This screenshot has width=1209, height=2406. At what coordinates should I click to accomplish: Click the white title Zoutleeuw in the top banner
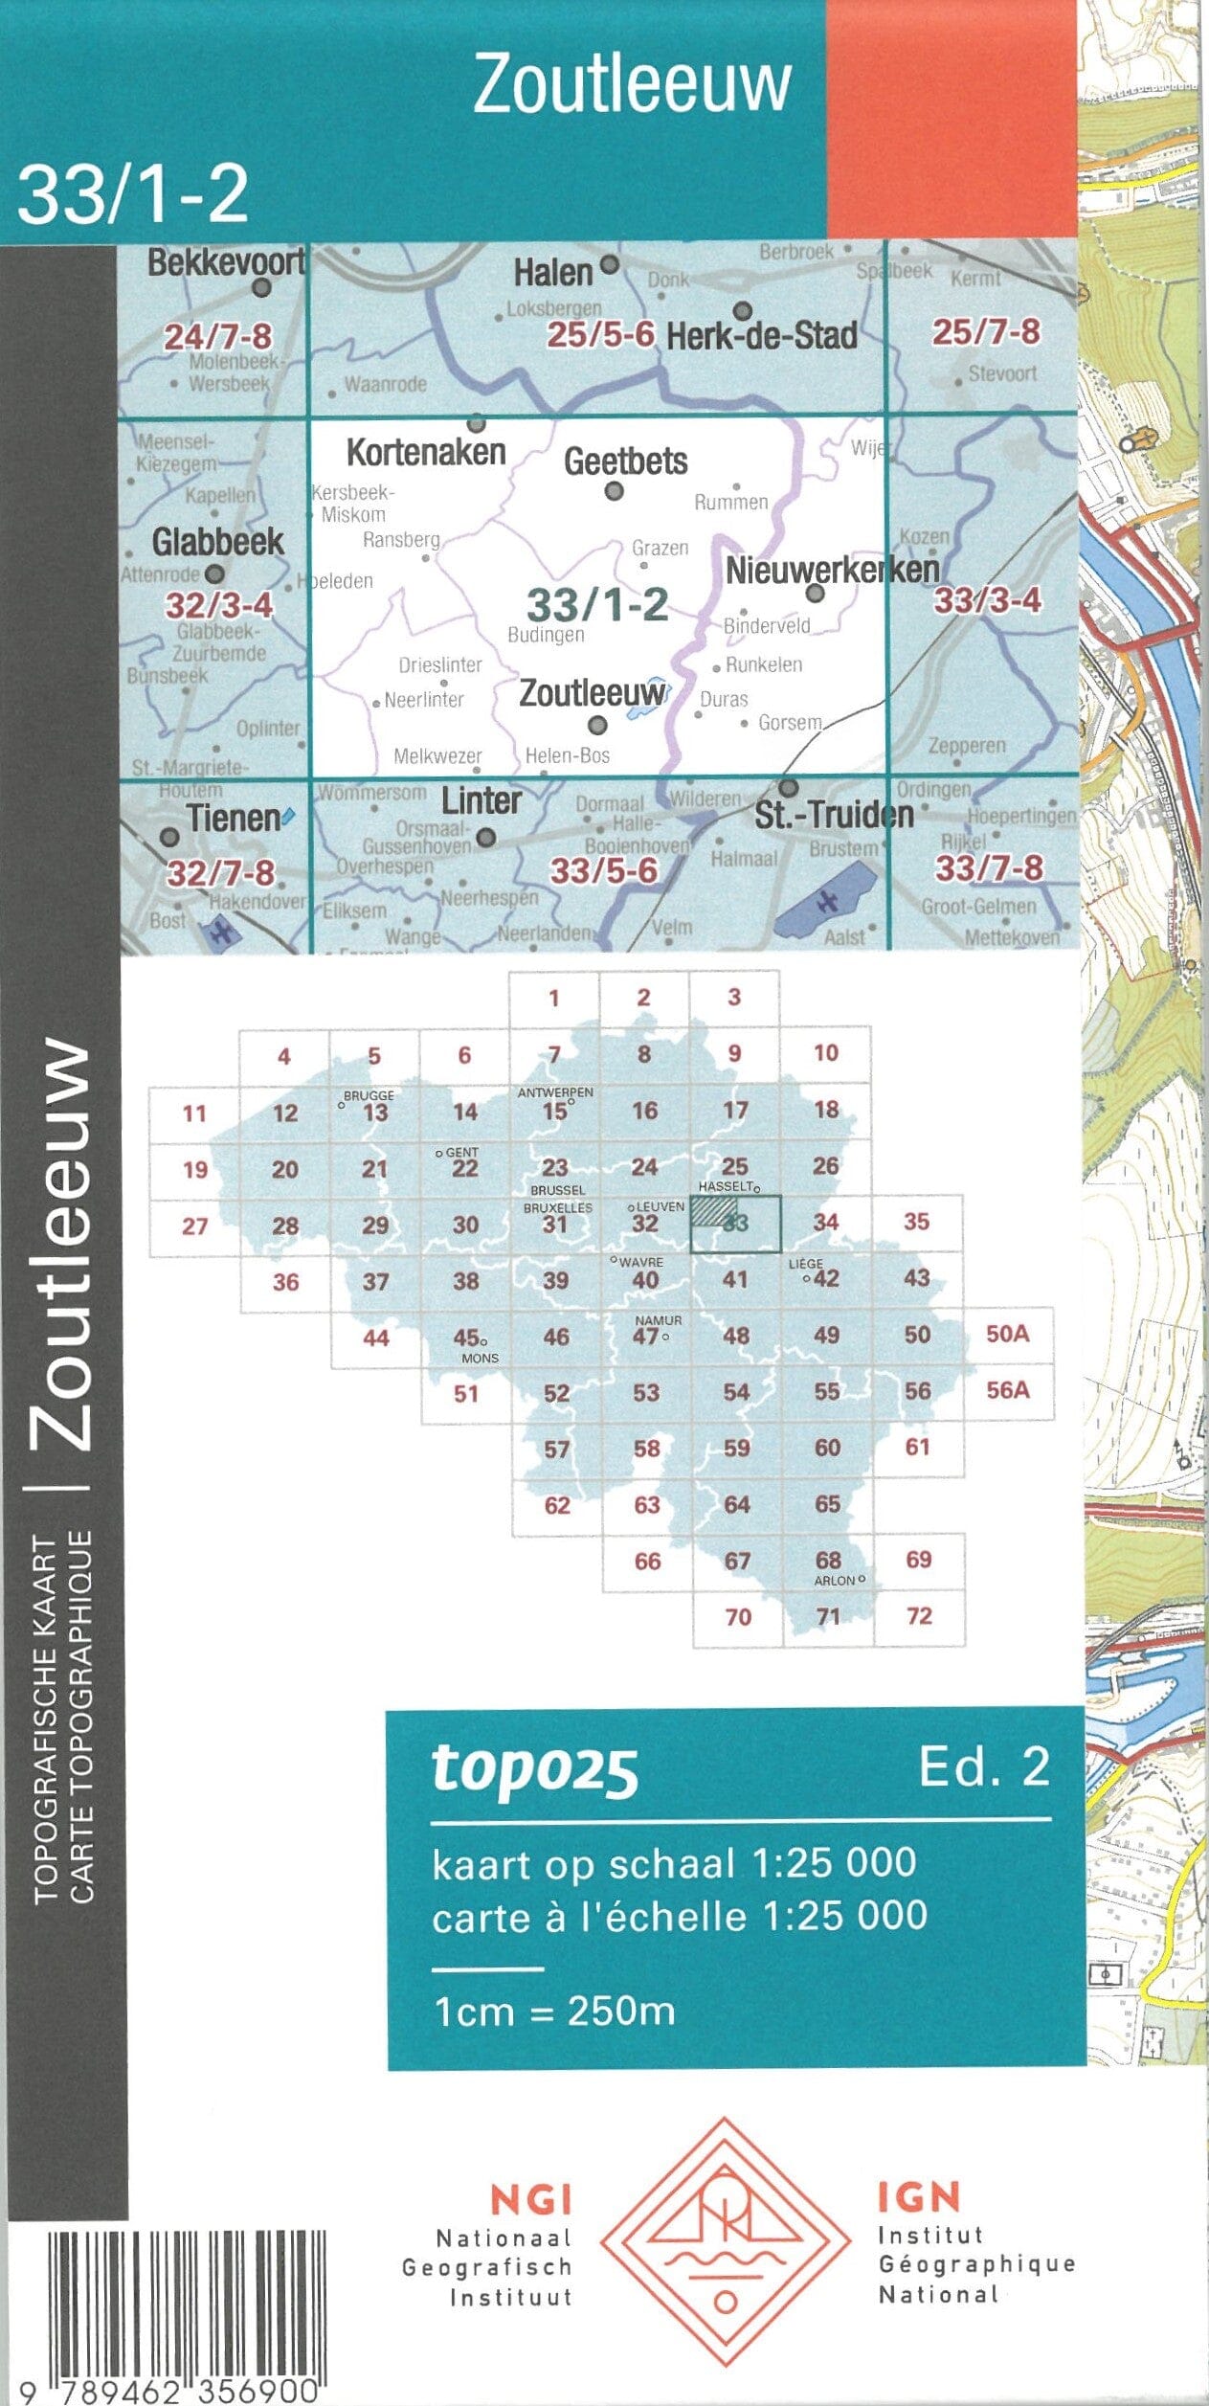pos(632,84)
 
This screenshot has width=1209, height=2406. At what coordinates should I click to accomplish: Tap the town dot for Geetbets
pos(615,491)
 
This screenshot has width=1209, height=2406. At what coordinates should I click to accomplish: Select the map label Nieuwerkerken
pos(832,571)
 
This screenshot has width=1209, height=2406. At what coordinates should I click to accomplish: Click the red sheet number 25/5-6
pos(601,334)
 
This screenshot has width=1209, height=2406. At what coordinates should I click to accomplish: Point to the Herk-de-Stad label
pos(762,336)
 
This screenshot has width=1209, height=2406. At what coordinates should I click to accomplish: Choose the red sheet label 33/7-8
pos(989,867)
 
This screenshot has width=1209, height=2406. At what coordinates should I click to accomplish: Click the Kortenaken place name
pos(426,452)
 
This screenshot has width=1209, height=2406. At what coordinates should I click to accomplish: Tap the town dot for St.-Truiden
pos(788,788)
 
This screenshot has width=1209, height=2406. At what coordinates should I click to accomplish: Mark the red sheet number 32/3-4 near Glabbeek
pos(219,605)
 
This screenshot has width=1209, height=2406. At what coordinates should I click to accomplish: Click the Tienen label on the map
pos(234,819)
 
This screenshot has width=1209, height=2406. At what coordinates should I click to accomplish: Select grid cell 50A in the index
pos(1007,1335)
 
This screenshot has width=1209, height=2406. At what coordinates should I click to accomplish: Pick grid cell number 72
pos(919,1616)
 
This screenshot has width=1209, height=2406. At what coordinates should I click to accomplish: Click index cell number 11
pos(194,1113)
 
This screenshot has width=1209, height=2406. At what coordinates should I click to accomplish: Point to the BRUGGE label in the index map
pos(369,1095)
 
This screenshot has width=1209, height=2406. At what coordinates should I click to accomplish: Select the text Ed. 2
pos(983,1766)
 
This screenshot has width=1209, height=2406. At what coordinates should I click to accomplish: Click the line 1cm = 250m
pos(554,2011)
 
